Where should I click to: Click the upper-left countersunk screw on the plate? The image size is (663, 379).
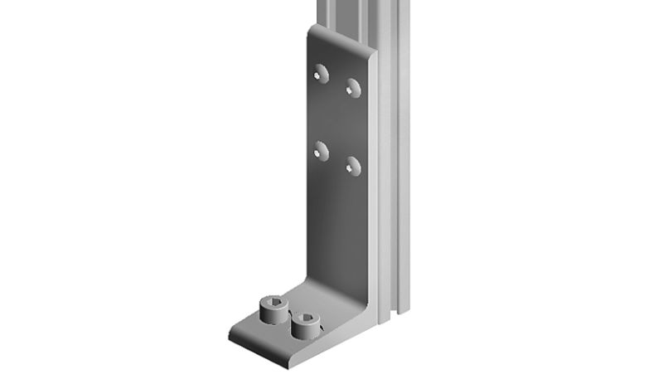coord(322,74)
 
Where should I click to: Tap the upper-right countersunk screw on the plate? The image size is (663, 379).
coord(354,86)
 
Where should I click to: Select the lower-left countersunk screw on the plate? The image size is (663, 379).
coord(322,150)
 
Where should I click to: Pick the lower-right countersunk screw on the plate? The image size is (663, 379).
coord(354,166)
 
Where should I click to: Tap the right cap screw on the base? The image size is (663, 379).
coord(303,326)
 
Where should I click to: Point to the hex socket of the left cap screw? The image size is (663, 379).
coord(273,304)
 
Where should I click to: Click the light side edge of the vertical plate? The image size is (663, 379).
coord(373,182)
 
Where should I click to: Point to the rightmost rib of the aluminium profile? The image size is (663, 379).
coord(404,166)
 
